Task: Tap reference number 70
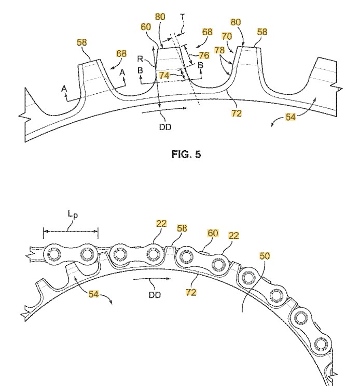[x=227, y=36]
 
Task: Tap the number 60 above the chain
[x=213, y=233]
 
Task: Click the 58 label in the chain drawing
[x=182, y=228]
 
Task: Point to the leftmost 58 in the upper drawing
[x=82, y=42]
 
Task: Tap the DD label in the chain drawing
[x=154, y=294]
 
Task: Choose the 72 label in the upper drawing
[x=236, y=112]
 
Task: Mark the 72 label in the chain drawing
[x=191, y=292]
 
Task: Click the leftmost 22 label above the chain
[x=162, y=223]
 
